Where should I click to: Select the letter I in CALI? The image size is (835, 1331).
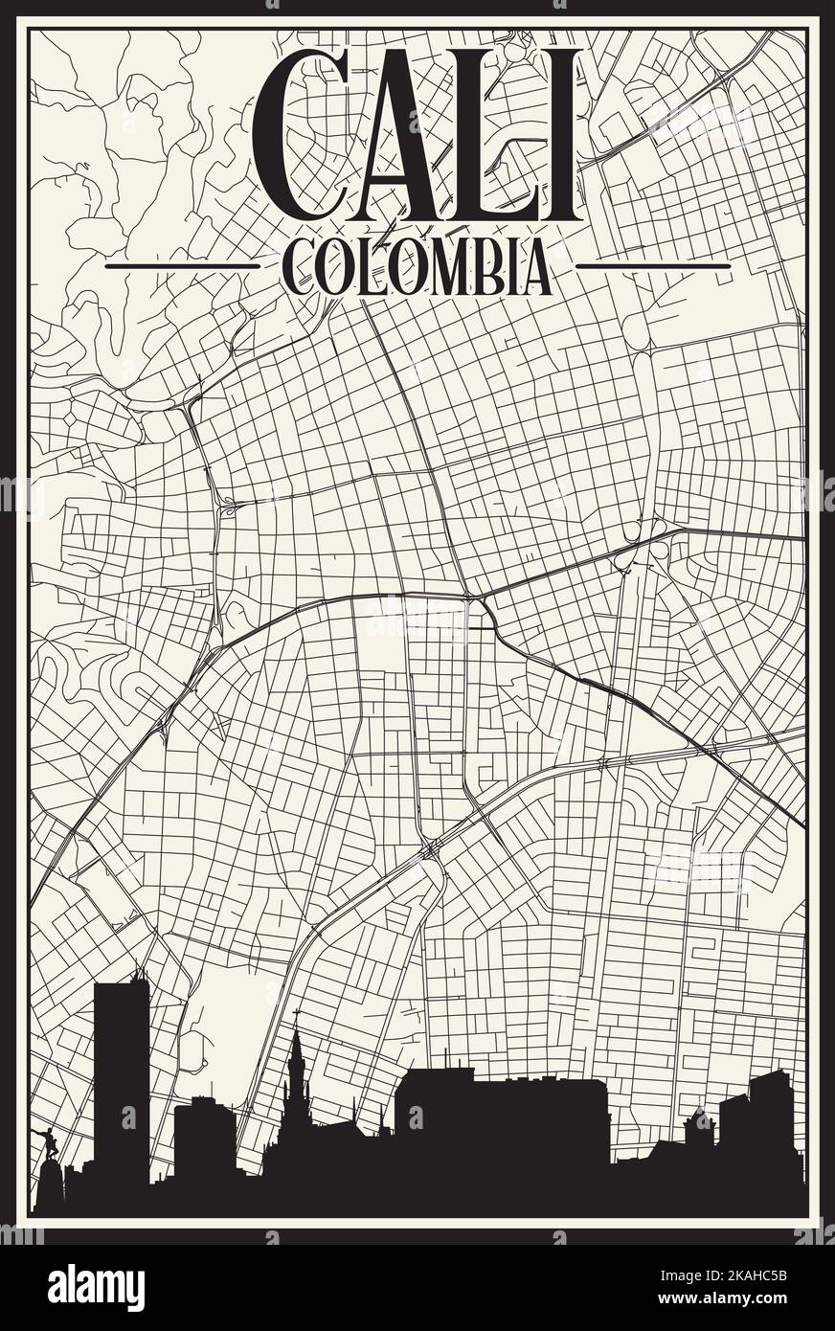coord(560,134)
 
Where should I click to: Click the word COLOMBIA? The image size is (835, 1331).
coord(417,266)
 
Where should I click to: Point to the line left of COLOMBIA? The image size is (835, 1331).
coord(182,265)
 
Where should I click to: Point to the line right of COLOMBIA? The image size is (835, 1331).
coord(653,265)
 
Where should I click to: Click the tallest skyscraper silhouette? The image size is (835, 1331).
coord(122,1072)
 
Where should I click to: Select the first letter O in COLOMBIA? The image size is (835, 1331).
coord(332,267)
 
